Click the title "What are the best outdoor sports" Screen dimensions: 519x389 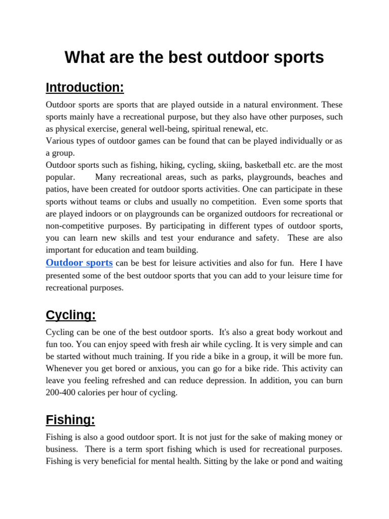point(194,58)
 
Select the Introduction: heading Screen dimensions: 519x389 point(85,88)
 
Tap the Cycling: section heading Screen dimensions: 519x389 point(70,315)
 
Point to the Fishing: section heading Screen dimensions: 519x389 point(70,420)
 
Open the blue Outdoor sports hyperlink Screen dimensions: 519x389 point(79,263)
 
